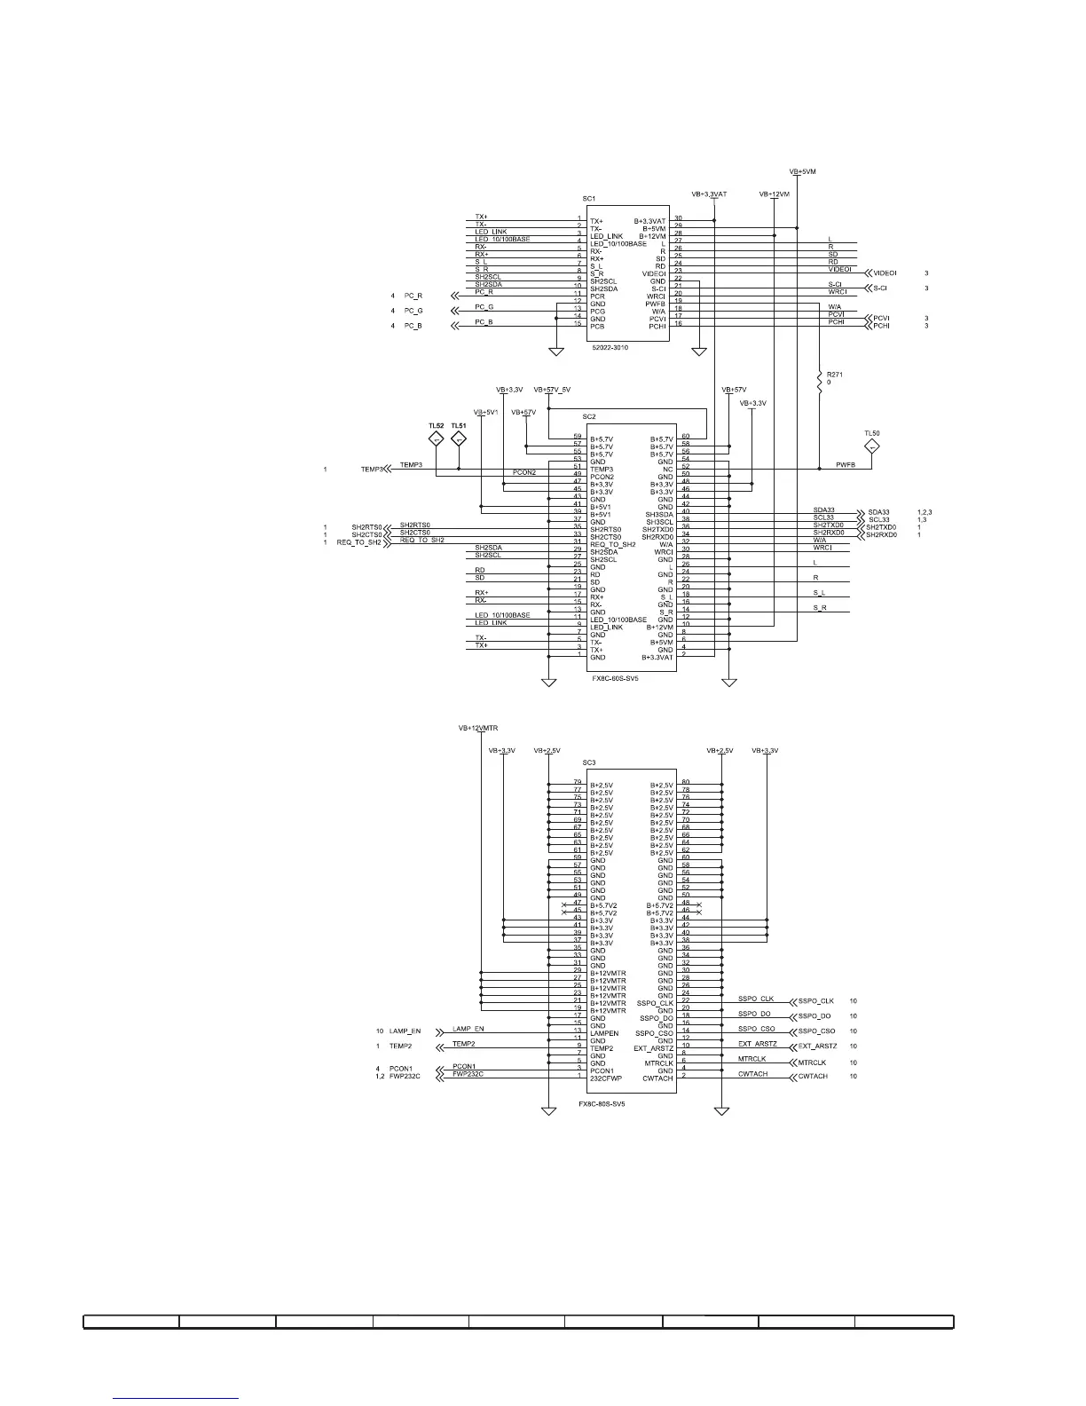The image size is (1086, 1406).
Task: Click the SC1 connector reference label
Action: click(589, 199)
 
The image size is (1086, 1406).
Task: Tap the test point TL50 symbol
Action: click(871, 446)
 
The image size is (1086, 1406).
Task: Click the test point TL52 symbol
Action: click(436, 438)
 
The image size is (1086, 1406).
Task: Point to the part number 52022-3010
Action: click(610, 348)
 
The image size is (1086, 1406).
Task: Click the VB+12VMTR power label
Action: click(478, 728)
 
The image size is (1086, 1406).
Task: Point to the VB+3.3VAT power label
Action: click(709, 194)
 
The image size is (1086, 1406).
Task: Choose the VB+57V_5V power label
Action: click(552, 390)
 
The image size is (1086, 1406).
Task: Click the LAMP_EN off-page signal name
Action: click(405, 1031)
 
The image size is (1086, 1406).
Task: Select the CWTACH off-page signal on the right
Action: click(812, 1076)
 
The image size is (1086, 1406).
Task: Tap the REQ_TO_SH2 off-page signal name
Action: click(358, 542)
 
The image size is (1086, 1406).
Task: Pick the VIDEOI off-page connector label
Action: click(885, 273)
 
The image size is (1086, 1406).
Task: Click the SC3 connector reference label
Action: click(589, 762)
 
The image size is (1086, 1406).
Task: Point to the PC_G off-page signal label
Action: click(413, 311)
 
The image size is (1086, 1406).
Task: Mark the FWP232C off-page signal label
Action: click(405, 1076)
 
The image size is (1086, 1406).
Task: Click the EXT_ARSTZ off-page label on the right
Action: click(817, 1047)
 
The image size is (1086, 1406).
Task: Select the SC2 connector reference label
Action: click(589, 416)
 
